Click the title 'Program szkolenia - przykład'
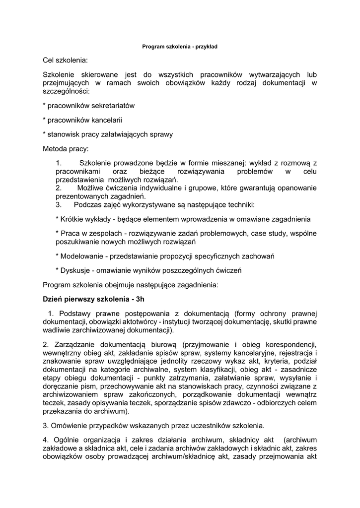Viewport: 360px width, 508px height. (x=180, y=47)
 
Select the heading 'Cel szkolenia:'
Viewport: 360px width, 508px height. (x=65, y=61)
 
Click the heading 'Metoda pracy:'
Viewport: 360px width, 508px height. (x=66, y=148)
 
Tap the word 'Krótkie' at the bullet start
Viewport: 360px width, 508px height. (x=73, y=219)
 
